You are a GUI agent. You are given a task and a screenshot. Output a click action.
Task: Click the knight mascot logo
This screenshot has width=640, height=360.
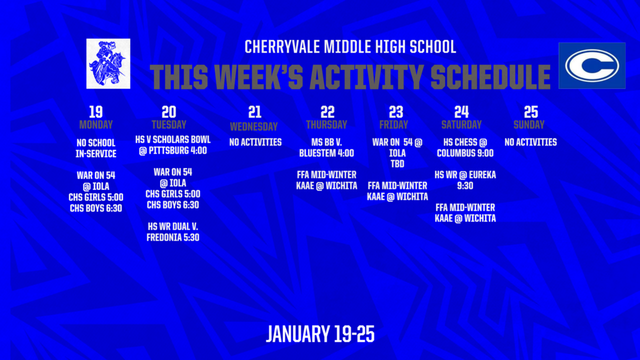click(109, 63)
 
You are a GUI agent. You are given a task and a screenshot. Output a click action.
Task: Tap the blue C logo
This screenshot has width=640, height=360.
click(591, 66)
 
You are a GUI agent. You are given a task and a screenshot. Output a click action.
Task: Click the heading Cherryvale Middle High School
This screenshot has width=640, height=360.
click(350, 47)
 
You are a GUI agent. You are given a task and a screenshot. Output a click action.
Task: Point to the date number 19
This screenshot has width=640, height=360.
click(96, 112)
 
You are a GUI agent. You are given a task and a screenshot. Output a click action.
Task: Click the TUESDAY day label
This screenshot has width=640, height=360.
click(169, 125)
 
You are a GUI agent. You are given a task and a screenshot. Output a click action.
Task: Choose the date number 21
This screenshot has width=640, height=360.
click(254, 112)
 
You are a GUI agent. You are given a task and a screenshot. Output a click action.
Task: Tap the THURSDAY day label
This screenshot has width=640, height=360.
click(326, 125)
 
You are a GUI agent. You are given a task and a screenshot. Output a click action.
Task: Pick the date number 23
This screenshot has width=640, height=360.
click(396, 112)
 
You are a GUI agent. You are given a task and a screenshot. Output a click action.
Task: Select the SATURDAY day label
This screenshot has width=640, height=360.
click(461, 125)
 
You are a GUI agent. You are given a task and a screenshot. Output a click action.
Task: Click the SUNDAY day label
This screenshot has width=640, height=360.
click(529, 125)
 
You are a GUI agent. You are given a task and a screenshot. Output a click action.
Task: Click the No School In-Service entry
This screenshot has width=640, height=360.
click(96, 148)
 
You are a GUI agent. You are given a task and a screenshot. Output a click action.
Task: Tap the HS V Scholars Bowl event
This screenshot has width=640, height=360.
click(172, 145)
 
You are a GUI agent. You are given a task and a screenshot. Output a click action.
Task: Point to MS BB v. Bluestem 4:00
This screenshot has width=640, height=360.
click(326, 147)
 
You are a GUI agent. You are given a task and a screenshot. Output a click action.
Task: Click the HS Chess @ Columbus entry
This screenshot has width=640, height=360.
click(465, 147)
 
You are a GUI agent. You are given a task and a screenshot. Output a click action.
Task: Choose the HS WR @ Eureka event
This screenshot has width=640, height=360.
click(465, 180)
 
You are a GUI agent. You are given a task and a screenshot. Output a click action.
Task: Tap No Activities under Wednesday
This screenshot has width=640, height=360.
click(255, 142)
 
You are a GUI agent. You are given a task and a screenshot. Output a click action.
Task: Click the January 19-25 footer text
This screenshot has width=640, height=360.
click(320, 334)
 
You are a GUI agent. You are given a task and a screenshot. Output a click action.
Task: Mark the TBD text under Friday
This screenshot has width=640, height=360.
click(397, 164)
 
